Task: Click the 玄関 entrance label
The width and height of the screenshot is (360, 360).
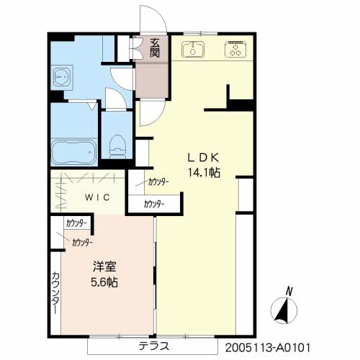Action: pos(155,48)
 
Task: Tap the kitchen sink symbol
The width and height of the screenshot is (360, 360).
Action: pos(193,50)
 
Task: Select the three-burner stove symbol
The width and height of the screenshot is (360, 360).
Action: pos(235,49)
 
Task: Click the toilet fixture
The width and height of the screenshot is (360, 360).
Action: pos(117,146)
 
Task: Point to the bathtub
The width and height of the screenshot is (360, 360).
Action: pos(74,153)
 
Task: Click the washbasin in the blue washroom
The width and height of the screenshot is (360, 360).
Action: pos(62,77)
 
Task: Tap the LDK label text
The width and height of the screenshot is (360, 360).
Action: pos(203,158)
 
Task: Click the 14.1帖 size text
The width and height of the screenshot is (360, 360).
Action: pos(204,172)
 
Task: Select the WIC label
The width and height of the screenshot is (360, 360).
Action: pos(97,197)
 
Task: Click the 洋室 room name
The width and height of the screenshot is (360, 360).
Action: pos(104,266)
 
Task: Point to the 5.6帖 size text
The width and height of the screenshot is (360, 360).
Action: pos(104,282)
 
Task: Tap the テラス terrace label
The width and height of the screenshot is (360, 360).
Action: pos(154,346)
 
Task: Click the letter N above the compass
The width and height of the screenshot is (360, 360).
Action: pos(289,291)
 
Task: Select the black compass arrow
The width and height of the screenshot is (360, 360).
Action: pos(283,312)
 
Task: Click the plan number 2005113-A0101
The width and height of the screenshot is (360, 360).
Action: pos(268,348)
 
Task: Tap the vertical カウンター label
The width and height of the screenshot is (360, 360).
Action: pos(55,293)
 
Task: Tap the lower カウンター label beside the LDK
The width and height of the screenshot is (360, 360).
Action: pos(154,204)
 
